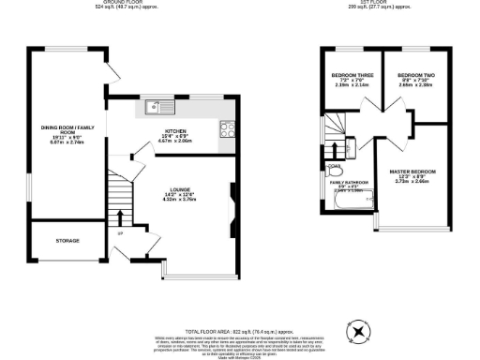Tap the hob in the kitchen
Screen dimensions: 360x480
tap(227, 130)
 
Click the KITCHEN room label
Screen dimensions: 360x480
tap(176, 131)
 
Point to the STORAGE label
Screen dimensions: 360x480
tap(67, 241)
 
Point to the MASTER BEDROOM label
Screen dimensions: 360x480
tap(413, 172)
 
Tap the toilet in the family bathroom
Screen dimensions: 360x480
tap(334, 170)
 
